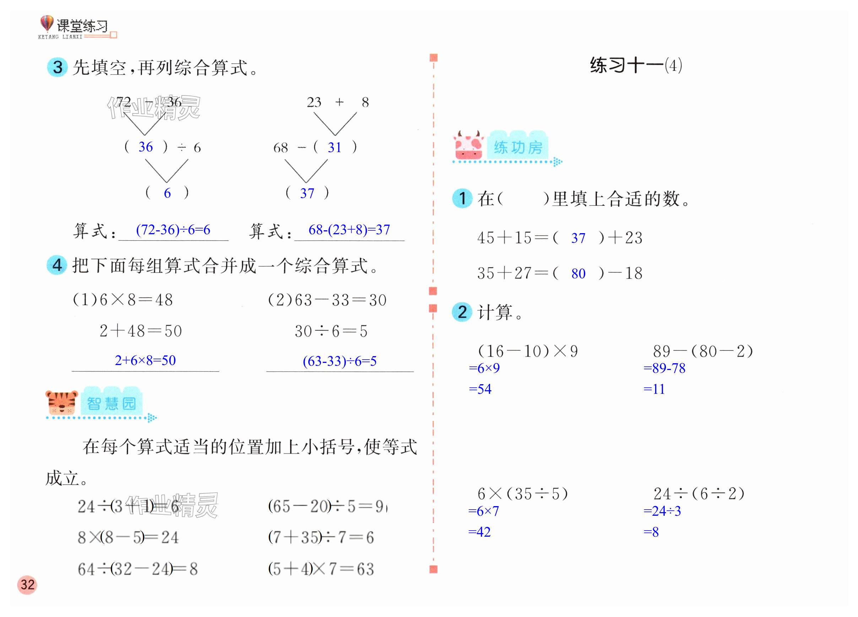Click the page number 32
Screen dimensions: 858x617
(x=27, y=584)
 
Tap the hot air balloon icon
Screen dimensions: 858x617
(x=47, y=23)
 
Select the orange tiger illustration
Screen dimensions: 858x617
(x=61, y=403)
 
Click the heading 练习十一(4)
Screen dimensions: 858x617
(x=636, y=65)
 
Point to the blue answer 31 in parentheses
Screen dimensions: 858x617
(x=335, y=147)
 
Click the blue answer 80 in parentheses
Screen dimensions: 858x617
(x=578, y=273)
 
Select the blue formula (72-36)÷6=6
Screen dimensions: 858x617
(x=173, y=229)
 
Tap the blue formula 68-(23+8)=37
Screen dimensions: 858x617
(x=349, y=229)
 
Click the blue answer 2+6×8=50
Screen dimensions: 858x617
(x=145, y=360)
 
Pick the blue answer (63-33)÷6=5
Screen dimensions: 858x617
(x=340, y=361)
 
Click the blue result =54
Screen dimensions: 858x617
(x=480, y=389)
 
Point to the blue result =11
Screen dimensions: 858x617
(x=654, y=389)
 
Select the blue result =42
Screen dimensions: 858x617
(x=479, y=532)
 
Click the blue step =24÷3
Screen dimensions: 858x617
(x=662, y=511)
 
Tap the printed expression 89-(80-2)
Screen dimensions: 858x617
(x=702, y=351)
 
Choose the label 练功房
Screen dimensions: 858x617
(x=518, y=147)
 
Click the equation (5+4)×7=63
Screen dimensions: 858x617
(x=321, y=569)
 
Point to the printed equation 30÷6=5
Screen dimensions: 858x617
(x=331, y=331)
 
